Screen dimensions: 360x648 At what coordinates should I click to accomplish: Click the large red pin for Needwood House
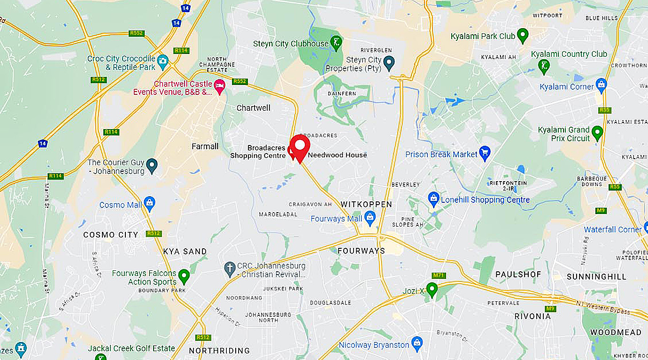(300, 146)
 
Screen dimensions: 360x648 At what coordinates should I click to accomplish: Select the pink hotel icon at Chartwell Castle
(219, 85)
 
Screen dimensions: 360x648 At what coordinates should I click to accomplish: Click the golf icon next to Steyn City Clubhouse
(336, 42)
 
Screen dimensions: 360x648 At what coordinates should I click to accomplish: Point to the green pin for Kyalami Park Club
(523, 35)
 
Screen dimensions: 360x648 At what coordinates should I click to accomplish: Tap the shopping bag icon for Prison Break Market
(485, 153)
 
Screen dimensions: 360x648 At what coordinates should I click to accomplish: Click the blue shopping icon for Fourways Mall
(370, 216)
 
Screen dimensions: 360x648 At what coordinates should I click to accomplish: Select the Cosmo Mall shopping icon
(149, 203)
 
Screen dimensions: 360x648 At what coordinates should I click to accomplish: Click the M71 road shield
(439, 275)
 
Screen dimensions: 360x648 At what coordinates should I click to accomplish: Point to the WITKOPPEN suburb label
(366, 205)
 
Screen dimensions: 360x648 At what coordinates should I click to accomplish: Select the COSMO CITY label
(111, 235)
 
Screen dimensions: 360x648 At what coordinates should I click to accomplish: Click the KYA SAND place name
(185, 252)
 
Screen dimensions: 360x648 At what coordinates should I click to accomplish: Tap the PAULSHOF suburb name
(518, 274)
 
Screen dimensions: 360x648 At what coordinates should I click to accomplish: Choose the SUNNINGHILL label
(596, 276)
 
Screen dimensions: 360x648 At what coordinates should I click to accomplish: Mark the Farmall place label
(205, 146)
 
